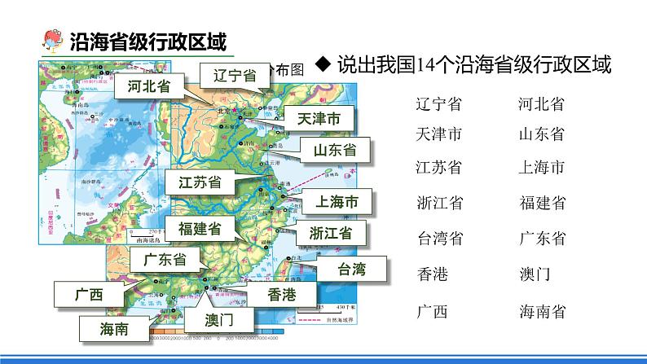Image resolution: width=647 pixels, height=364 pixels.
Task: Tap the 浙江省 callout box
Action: (x=331, y=232)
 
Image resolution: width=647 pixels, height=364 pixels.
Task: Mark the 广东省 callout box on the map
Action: (x=165, y=260)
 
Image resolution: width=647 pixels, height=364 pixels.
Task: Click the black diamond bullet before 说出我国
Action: (x=323, y=66)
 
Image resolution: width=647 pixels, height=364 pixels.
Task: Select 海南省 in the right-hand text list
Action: (x=542, y=312)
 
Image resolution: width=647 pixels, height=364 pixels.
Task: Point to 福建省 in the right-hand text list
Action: (x=542, y=203)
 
